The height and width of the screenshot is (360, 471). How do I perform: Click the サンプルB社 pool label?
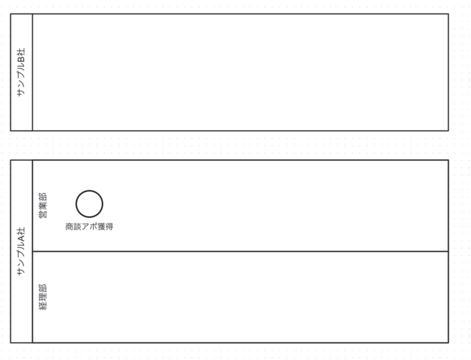point(21,72)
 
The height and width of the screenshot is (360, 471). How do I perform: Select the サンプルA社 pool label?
point(21,251)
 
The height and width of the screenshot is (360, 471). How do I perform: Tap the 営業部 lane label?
point(43,205)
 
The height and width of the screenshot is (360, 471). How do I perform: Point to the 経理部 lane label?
point(43,297)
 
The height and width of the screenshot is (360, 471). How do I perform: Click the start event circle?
point(89,204)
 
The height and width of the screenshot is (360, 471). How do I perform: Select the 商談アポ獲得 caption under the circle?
point(89,227)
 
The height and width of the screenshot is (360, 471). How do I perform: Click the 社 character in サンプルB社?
point(21,52)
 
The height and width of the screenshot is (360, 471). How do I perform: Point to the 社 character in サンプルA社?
point(21,231)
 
